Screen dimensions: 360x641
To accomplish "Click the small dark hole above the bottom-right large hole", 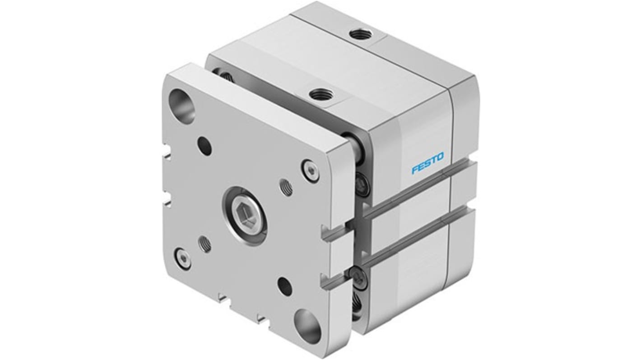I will tap(284, 284).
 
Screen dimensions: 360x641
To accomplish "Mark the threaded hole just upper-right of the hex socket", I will tap(286, 187).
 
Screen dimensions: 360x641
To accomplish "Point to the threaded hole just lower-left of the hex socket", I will tap(205, 244).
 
